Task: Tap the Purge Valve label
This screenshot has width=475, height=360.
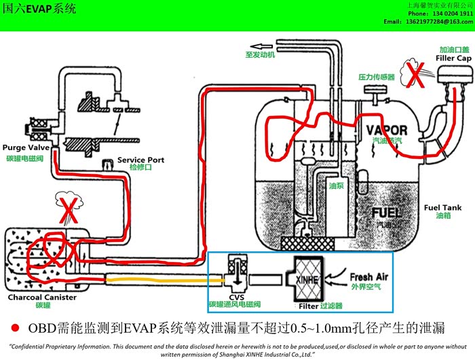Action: tap(23, 147)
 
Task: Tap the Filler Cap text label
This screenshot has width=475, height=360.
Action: tap(453, 58)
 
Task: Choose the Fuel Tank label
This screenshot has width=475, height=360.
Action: tap(442, 207)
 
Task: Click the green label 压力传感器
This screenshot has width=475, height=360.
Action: tap(376, 77)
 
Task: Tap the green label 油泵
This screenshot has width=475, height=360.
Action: tap(336, 184)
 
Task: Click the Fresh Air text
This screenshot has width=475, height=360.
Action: tap(370, 276)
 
